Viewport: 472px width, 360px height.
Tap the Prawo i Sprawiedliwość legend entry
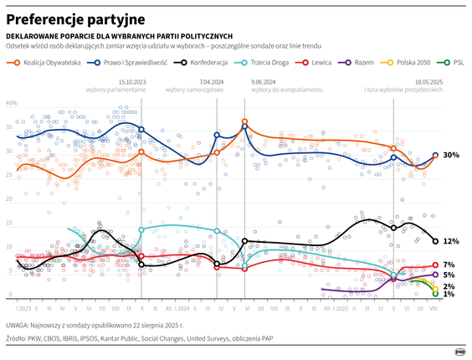pos(137,63)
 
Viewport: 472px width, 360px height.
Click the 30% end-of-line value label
pos(450,156)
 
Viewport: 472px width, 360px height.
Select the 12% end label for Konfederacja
pos(450,241)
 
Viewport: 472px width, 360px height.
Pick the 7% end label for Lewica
pos(449,265)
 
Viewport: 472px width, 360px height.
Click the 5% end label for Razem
pos(449,275)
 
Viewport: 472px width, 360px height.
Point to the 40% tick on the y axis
pos(12,103)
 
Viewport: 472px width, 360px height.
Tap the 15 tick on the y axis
pos(9,224)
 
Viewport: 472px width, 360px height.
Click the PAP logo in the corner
pos(459,352)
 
